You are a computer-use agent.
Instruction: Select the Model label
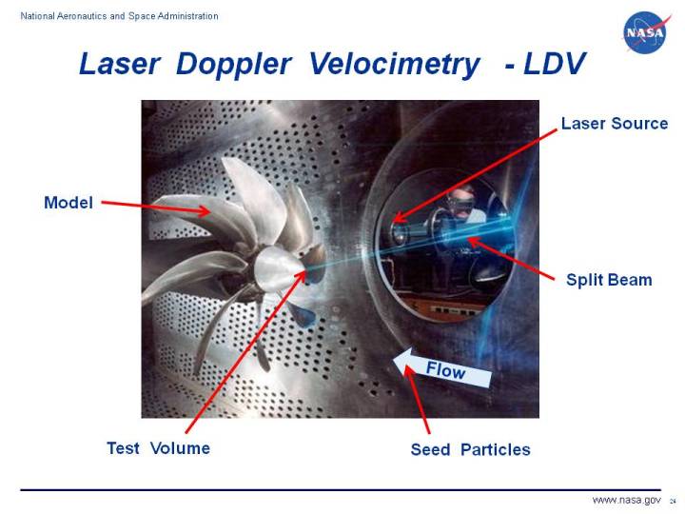click(68, 202)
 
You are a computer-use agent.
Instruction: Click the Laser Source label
click(614, 124)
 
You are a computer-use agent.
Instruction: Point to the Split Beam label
click(609, 280)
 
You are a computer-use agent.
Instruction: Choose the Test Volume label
click(158, 448)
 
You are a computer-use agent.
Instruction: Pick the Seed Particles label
click(470, 449)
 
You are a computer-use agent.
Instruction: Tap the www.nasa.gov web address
click(626, 500)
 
